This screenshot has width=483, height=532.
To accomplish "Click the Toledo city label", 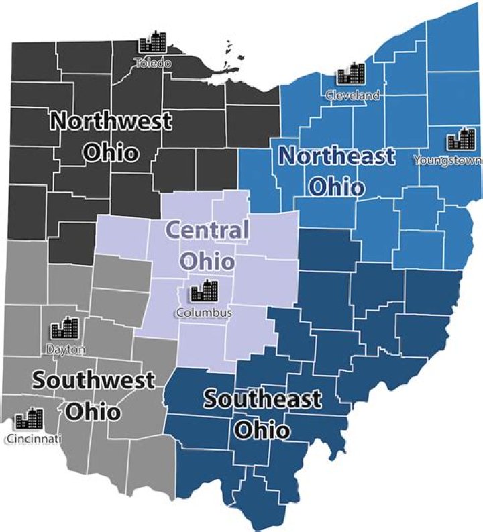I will (x=152, y=64).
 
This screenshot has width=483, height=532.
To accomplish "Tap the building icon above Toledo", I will (x=152, y=44).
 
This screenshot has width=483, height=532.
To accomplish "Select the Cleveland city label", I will (x=352, y=95).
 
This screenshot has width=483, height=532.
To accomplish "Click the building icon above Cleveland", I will (x=351, y=74).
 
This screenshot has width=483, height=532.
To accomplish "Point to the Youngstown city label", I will (x=447, y=160).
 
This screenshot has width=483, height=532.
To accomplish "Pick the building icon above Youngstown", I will (x=461, y=139).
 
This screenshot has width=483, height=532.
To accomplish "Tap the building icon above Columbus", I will (x=205, y=291).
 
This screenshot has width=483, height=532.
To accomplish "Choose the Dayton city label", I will (x=66, y=349).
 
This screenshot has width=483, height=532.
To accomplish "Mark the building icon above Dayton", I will (x=66, y=328).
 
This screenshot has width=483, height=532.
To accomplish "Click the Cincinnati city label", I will (x=33, y=439).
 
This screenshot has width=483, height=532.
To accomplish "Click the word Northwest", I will (x=111, y=122).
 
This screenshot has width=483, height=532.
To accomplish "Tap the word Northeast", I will (x=337, y=156).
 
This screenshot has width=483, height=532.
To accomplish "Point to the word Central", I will (x=207, y=231).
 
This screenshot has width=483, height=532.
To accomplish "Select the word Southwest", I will (x=93, y=380).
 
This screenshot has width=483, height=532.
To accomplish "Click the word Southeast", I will (x=262, y=400).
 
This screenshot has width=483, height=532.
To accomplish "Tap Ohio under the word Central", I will (x=208, y=260).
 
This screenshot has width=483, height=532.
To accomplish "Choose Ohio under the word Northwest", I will (x=111, y=152).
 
